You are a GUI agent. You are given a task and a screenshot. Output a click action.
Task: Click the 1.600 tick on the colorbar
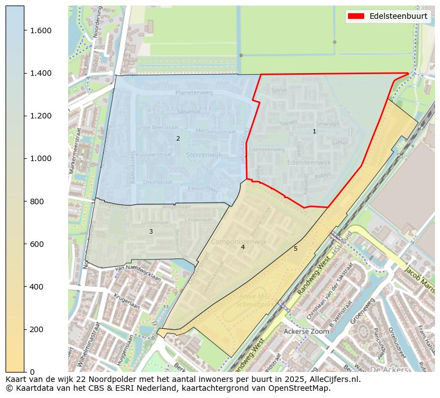[24, 30]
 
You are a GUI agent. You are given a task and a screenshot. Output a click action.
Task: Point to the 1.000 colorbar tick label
[40, 158]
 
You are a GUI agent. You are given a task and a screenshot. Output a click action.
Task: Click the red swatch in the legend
[356, 16]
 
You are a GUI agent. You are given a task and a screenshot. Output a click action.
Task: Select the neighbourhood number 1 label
[314, 131]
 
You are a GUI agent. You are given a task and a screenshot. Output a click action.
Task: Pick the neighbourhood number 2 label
[178, 138]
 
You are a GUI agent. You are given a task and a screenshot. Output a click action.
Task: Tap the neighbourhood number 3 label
[151, 231]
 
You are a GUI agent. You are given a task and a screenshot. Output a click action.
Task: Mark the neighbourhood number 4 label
[243, 247]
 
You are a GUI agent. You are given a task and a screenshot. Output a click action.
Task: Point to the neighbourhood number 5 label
[295, 249]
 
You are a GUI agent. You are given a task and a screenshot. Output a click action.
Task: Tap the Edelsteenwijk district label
[309, 163]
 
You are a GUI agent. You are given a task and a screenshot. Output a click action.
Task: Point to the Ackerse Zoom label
[306, 332]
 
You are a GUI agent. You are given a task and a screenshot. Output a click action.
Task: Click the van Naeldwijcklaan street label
[138, 272]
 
